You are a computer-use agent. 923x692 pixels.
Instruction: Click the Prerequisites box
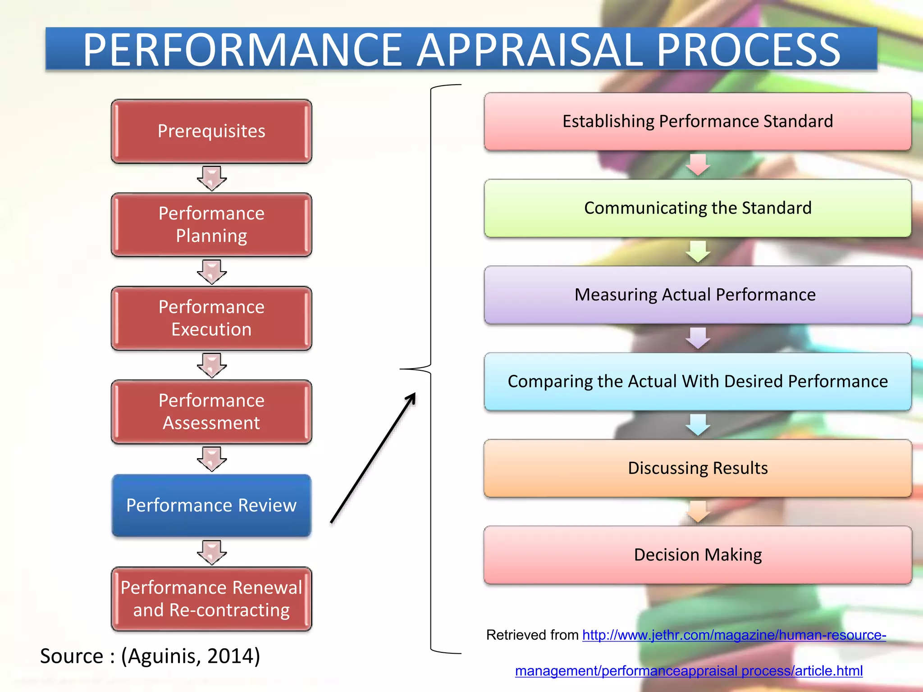(211, 131)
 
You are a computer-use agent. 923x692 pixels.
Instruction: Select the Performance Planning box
(211, 224)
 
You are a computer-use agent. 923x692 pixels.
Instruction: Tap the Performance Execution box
(211, 318)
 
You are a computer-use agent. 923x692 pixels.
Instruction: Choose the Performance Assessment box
(211, 412)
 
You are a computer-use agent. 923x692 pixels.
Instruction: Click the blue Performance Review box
(211, 505)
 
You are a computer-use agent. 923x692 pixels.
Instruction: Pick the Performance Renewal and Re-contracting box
(211, 599)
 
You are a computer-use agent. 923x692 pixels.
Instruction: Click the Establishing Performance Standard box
(698, 122)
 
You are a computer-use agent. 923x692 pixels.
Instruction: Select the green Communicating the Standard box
(698, 208)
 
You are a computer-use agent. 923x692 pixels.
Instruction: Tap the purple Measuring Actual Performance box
(698, 295)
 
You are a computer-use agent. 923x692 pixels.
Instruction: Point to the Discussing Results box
(698, 468)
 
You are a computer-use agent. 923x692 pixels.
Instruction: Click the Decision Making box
(698, 555)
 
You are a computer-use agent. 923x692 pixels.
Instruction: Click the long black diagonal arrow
(373, 458)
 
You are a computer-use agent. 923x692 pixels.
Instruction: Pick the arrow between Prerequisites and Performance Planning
(211, 178)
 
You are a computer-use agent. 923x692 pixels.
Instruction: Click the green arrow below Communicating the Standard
(698, 251)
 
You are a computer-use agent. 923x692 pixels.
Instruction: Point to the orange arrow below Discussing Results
(698, 512)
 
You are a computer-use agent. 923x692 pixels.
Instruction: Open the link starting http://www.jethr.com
(734, 635)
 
